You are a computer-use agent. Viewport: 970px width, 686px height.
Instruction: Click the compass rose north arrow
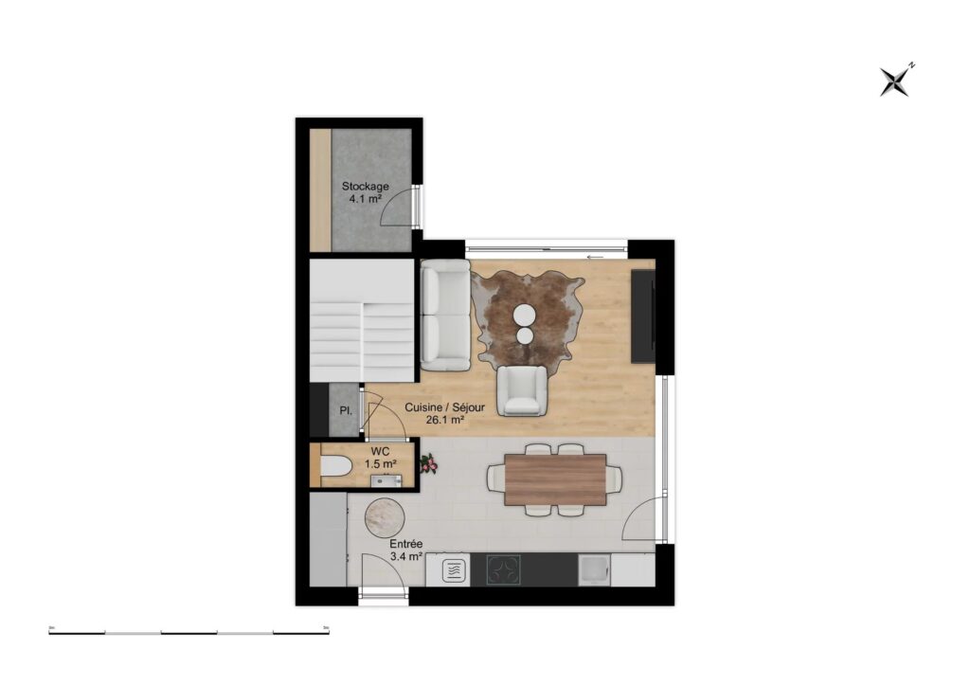click(x=894, y=81)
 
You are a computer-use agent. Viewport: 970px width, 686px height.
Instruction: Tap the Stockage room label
click(x=365, y=192)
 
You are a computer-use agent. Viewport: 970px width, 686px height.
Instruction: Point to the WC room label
click(x=381, y=457)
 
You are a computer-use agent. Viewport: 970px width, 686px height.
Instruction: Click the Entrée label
click(x=406, y=551)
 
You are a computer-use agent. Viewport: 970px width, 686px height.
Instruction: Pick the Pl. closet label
click(x=347, y=411)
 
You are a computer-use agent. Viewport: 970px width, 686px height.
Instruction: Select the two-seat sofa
click(x=445, y=315)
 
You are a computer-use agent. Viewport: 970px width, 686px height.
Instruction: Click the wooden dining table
click(x=555, y=479)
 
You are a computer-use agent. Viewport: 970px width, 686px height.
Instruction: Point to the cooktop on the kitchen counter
click(x=503, y=570)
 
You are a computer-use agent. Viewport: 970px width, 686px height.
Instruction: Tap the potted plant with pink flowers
click(x=428, y=462)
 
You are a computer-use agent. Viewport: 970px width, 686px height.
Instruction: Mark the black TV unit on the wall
click(x=643, y=316)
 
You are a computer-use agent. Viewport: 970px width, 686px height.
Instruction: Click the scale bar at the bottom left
click(x=189, y=631)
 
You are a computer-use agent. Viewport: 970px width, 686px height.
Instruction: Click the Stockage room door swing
click(x=397, y=208)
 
